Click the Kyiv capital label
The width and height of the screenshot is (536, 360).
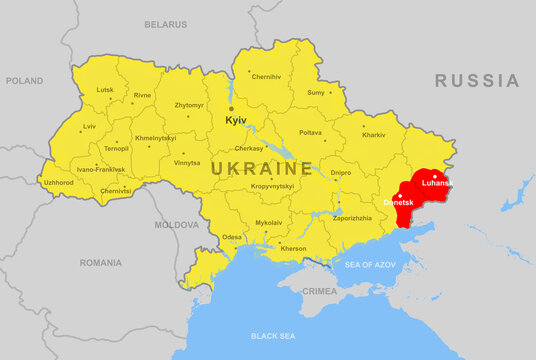(236, 120)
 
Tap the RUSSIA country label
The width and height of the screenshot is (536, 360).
(477, 81)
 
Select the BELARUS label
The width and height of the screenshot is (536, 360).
(165, 23)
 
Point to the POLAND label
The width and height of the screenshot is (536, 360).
(24, 80)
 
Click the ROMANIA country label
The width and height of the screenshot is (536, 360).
(100, 262)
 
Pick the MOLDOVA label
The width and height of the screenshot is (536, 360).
(176, 225)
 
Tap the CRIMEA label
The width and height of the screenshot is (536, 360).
(320, 290)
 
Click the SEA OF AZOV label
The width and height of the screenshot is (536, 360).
(372, 264)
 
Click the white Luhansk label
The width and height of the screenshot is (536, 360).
(437, 184)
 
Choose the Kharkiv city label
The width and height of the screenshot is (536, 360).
(373, 134)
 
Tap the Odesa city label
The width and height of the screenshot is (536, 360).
(232, 237)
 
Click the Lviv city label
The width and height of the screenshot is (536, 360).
(90, 127)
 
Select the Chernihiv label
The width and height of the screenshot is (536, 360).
(266, 77)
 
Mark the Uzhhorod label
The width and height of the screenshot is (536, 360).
(58, 183)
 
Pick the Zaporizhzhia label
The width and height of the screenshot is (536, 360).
(352, 217)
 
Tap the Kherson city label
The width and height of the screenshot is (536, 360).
(293, 248)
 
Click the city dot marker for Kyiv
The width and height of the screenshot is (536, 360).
(231, 108)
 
